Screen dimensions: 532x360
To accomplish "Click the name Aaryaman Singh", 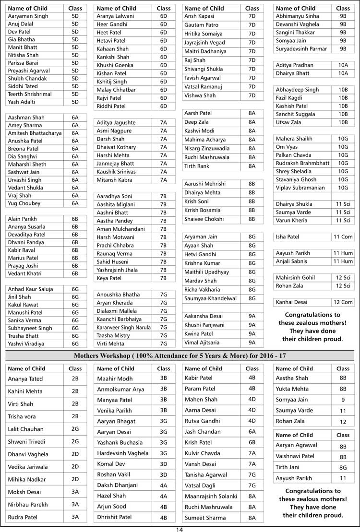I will point(28,16).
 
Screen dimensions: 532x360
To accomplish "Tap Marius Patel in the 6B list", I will point(23,258).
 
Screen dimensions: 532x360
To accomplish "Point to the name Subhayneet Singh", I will point(30,328).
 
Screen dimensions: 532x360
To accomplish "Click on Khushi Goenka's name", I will point(116,65).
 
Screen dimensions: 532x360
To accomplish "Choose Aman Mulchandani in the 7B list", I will point(121,229).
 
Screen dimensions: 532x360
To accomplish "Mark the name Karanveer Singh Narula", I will point(124,327).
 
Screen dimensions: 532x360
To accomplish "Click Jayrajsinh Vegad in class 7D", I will point(204,43).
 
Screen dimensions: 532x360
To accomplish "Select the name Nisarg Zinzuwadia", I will point(207,148).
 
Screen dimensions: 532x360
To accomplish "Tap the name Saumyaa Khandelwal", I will point(210,298).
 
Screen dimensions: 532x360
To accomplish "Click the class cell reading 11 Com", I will point(343,237).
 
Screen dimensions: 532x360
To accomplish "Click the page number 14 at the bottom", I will point(180,529).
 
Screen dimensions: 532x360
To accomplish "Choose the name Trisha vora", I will point(22,416).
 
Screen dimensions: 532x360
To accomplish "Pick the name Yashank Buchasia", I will point(120,443).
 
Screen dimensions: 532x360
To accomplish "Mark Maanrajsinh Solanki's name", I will point(211,496).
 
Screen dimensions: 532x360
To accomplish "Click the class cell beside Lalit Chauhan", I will point(75,429).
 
